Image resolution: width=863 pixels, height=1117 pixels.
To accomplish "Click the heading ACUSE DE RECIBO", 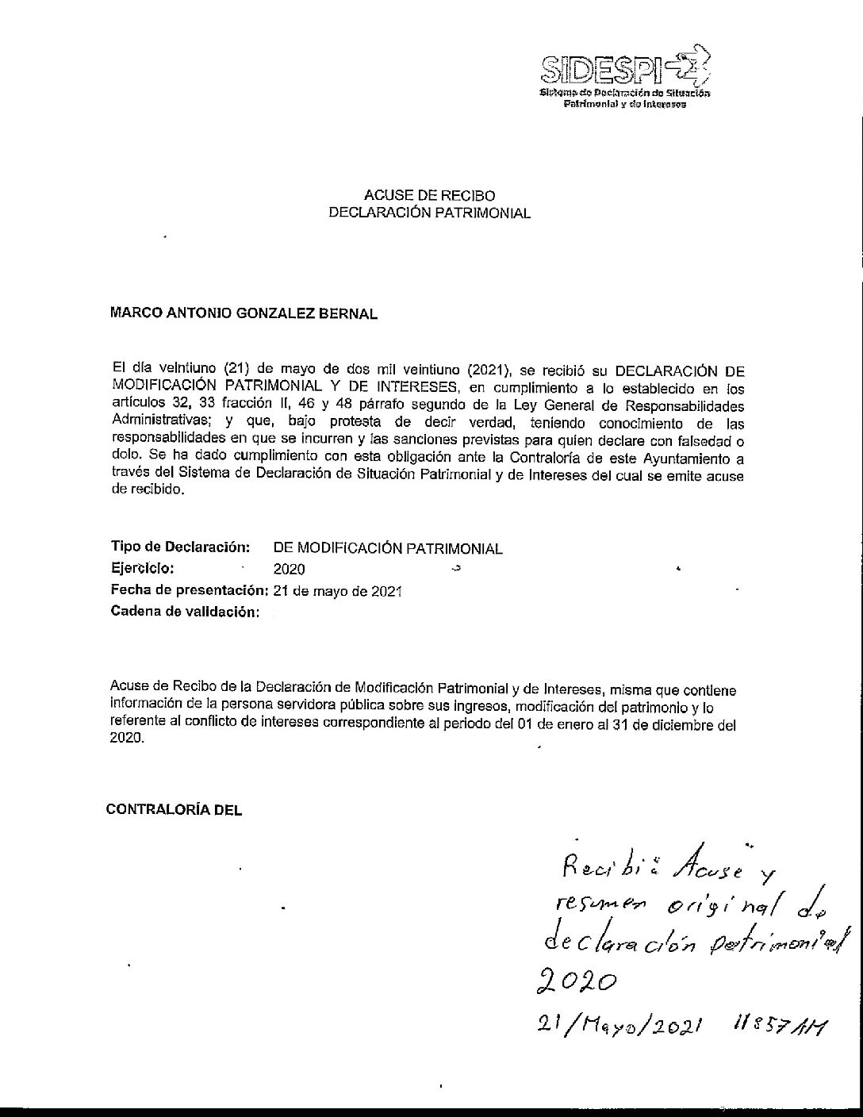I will click(x=429, y=195).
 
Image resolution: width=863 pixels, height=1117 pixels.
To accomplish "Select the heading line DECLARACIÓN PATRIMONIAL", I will click(x=429, y=213).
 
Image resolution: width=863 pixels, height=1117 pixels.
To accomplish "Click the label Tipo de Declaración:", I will click(x=181, y=547).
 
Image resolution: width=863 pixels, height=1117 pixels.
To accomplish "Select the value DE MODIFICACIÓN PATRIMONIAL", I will click(x=388, y=548).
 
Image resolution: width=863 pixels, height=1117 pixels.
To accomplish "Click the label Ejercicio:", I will click(x=142, y=568).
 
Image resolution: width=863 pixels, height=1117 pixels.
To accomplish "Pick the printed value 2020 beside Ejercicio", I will click(x=288, y=569).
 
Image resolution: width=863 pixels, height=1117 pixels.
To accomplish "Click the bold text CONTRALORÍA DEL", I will click(x=174, y=810).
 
